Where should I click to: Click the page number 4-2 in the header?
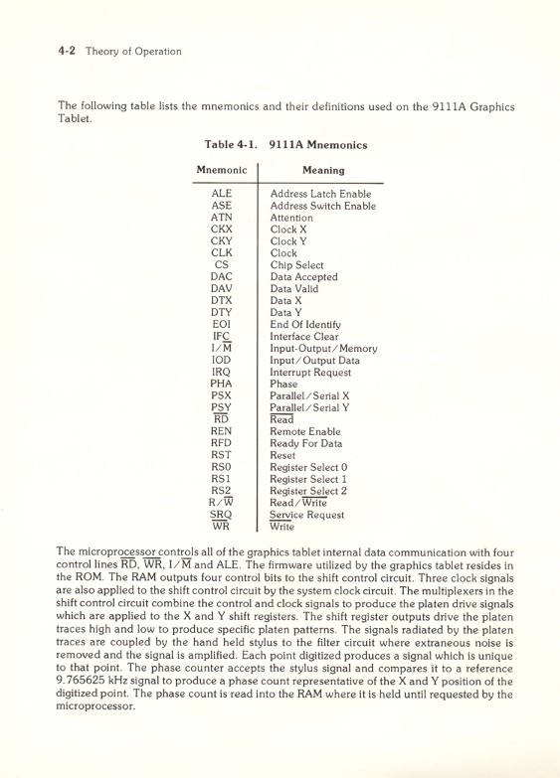(x=68, y=52)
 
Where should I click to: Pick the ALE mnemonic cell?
(x=221, y=193)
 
